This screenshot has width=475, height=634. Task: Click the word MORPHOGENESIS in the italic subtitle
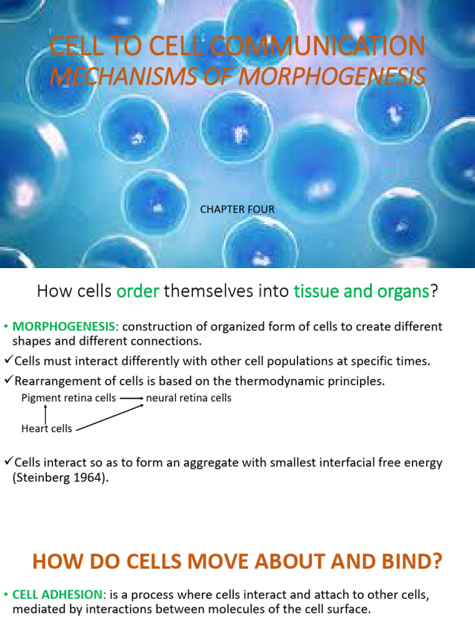tap(333, 77)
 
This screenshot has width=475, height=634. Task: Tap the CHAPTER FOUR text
tap(237, 210)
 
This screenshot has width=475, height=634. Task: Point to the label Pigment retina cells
tap(68, 398)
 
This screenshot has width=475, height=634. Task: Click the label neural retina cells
tap(189, 398)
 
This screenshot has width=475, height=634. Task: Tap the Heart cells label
tap(46, 428)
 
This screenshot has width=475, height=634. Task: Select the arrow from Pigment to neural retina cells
tap(131, 399)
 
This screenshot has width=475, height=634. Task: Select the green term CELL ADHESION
tap(58, 594)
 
